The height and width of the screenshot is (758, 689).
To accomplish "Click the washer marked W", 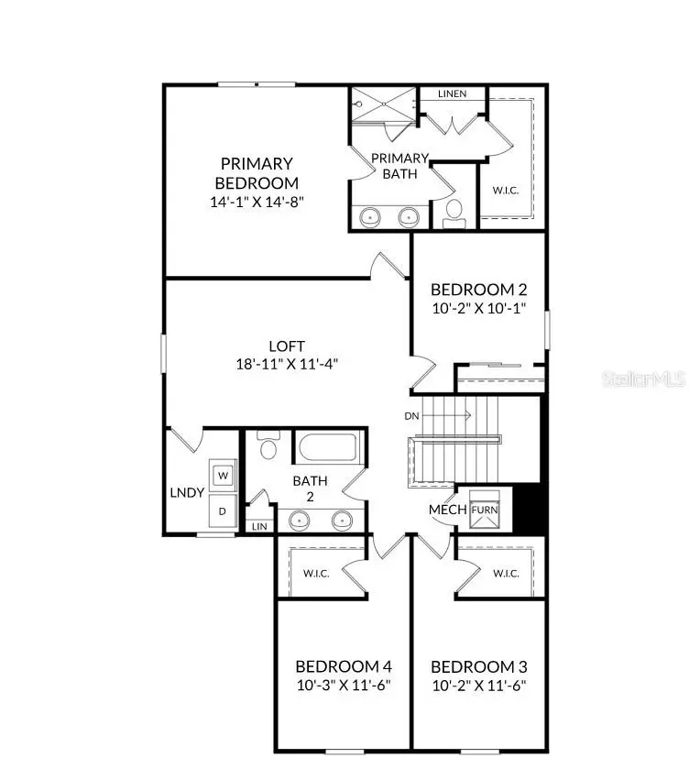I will (223, 475).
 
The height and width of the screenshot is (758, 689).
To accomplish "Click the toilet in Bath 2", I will (268, 446).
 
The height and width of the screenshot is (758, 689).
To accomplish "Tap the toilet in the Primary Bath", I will (453, 213).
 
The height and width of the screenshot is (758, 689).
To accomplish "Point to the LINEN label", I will (452, 93).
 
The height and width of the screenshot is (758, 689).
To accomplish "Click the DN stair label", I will (412, 415).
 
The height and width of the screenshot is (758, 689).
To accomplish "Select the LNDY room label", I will (187, 492).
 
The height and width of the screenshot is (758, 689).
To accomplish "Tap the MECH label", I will (448, 510).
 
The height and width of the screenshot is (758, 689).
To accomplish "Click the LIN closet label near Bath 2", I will (259, 526).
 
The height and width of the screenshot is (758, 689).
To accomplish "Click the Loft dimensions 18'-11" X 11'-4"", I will (287, 364).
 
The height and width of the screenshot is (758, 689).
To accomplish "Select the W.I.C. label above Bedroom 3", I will (506, 574).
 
